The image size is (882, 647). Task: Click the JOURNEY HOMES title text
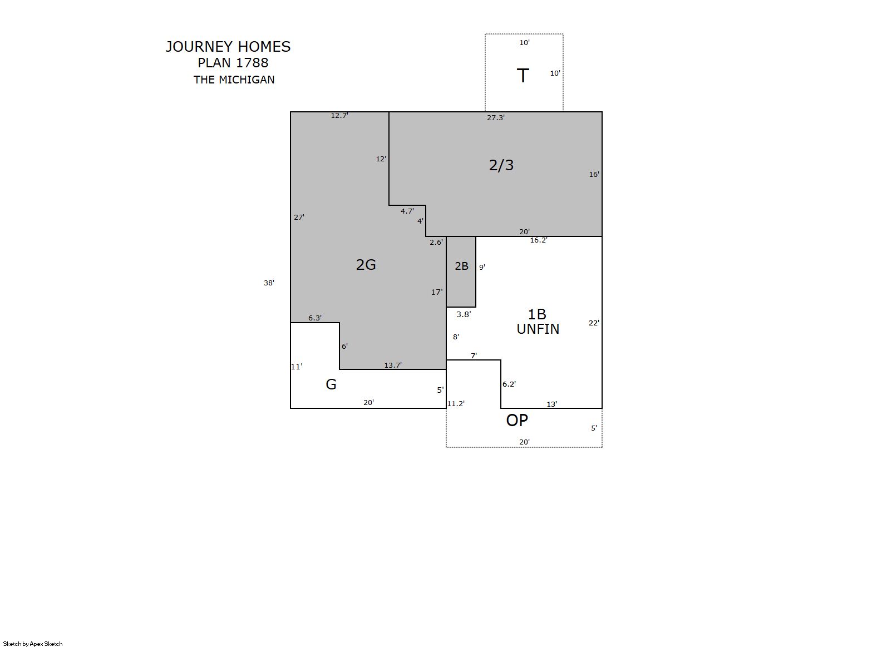(x=228, y=47)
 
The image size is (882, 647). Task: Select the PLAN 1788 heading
(x=233, y=62)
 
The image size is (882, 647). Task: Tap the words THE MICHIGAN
(x=234, y=80)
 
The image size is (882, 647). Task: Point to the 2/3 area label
(x=501, y=165)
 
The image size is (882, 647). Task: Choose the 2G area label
(x=366, y=264)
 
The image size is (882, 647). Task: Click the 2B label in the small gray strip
(x=461, y=266)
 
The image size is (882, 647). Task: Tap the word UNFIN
(x=538, y=329)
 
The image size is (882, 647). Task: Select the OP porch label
(x=516, y=421)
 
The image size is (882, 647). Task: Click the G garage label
(x=331, y=384)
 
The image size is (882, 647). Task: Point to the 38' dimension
(x=269, y=283)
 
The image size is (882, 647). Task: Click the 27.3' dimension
(x=496, y=117)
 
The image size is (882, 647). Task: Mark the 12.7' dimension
(x=339, y=115)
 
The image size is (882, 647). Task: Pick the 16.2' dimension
(x=539, y=240)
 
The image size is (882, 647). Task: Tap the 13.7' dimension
(x=393, y=365)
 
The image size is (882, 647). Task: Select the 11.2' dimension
(x=456, y=403)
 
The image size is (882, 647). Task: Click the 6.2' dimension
(x=509, y=384)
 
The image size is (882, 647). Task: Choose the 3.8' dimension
(x=464, y=314)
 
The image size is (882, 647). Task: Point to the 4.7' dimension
(x=407, y=211)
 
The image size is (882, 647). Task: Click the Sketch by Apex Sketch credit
(x=33, y=644)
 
